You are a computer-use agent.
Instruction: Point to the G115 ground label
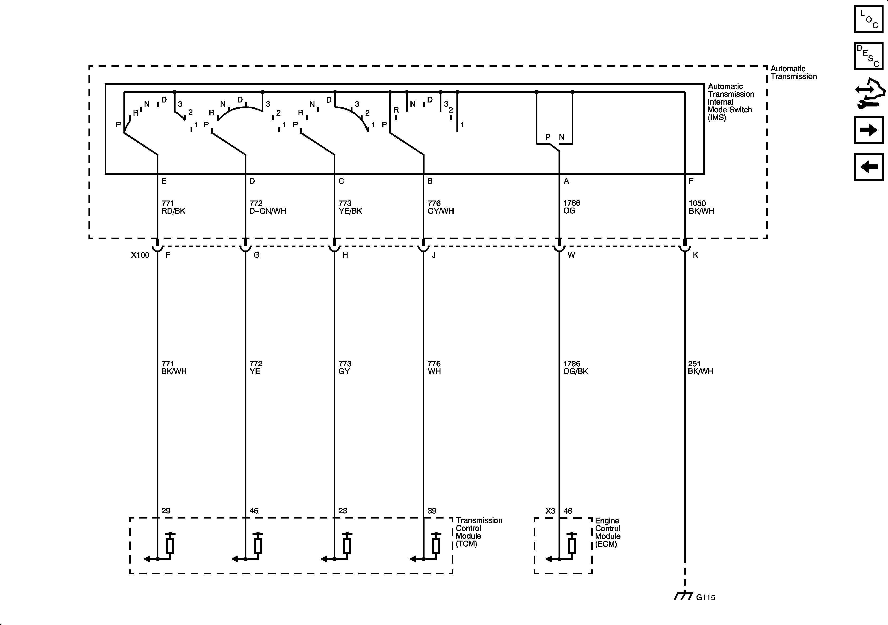705,598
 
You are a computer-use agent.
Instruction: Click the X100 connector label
140,255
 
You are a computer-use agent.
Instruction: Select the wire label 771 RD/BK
173,207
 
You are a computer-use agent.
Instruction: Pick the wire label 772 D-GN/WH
268,207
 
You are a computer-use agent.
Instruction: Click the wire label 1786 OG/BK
575,367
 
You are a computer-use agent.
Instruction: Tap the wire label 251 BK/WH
700,367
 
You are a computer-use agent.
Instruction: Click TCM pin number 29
166,511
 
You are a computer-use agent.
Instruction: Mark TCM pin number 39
432,511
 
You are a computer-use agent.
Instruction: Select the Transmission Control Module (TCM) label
479,532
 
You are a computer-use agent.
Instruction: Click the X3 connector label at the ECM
550,511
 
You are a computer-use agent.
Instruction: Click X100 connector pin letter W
571,255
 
